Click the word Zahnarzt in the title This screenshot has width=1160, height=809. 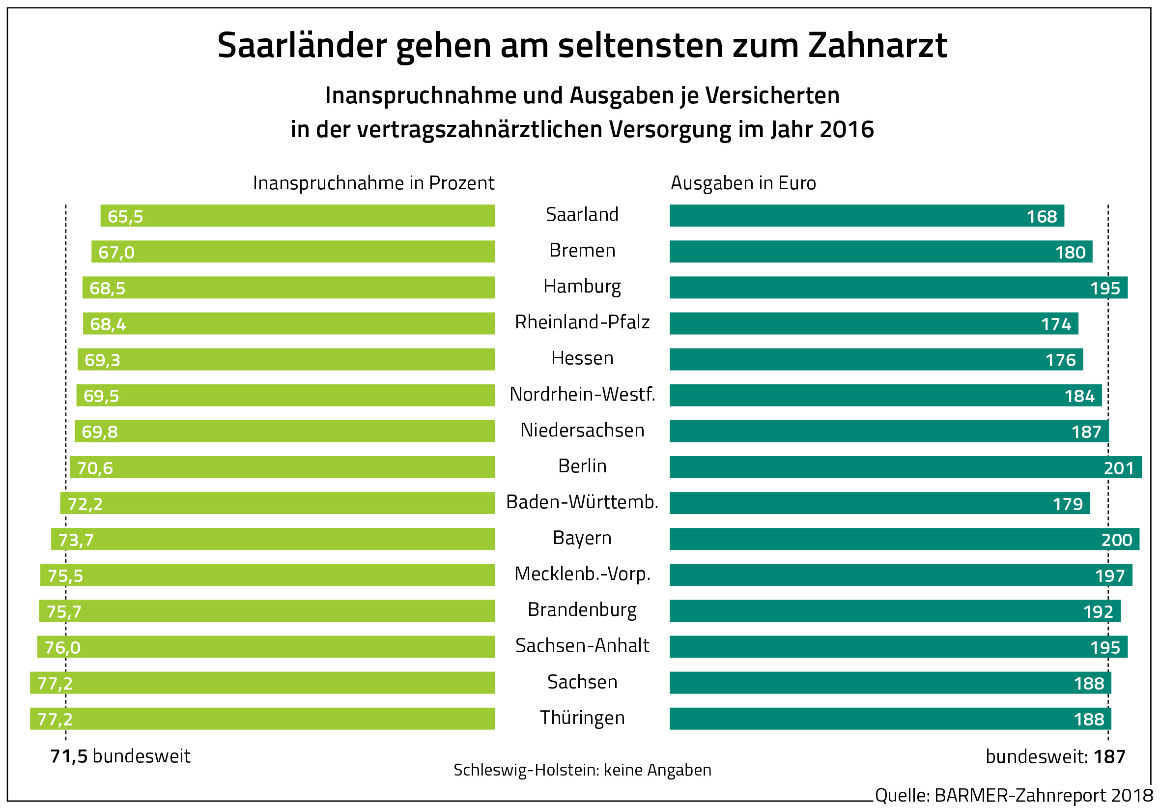[877, 46]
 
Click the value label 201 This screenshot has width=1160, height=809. [1119, 468]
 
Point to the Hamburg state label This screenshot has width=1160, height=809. [582, 287]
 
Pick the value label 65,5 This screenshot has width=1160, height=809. [125, 217]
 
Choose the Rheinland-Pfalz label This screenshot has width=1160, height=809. [582, 322]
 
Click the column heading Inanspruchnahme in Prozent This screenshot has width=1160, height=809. [373, 183]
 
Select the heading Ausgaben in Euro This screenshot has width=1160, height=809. [743, 183]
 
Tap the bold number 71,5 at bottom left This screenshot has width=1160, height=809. [69, 756]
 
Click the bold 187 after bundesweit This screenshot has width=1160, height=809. [1109, 756]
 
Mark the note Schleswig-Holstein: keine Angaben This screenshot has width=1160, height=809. [582, 770]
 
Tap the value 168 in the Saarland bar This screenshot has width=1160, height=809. [1042, 217]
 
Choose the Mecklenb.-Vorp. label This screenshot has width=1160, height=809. [582, 574]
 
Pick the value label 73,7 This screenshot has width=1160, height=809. [76, 540]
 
